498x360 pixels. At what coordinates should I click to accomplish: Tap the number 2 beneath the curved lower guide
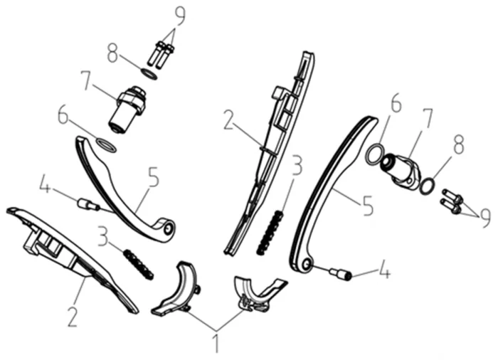click(73, 316)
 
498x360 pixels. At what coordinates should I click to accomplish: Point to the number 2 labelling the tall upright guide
click(229, 120)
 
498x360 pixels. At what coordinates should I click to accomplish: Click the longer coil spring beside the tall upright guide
click(270, 233)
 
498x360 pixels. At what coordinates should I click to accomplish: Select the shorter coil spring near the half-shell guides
click(138, 265)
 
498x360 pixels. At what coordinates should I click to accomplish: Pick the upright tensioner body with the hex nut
click(127, 109)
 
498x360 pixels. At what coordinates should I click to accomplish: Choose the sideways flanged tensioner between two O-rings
click(401, 169)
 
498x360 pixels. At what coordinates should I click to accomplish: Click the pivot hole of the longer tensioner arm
click(307, 264)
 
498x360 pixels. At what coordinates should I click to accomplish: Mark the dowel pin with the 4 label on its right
click(340, 274)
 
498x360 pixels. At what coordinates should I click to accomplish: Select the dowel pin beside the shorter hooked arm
click(88, 204)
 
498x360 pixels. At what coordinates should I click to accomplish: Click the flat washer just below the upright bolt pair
click(149, 74)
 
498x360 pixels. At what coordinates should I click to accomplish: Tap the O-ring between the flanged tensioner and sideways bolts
click(427, 186)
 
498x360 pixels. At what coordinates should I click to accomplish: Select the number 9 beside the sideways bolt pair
click(484, 218)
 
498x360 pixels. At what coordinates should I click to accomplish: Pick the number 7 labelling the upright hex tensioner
click(85, 80)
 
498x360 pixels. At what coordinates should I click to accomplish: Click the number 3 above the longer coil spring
click(297, 166)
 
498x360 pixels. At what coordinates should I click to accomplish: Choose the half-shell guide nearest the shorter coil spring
click(176, 292)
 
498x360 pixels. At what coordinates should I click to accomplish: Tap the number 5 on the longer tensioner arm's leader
click(368, 206)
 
